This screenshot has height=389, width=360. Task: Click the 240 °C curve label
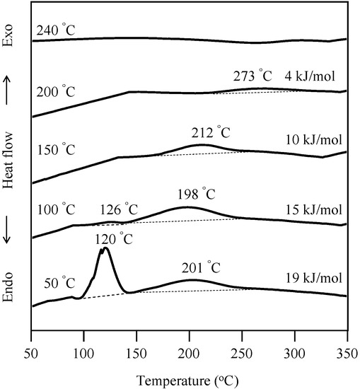57,32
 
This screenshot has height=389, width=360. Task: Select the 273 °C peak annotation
253,76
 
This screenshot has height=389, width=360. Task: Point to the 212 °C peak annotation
211,132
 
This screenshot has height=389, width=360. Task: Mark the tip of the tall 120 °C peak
105,248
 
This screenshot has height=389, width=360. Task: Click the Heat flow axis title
10,163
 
